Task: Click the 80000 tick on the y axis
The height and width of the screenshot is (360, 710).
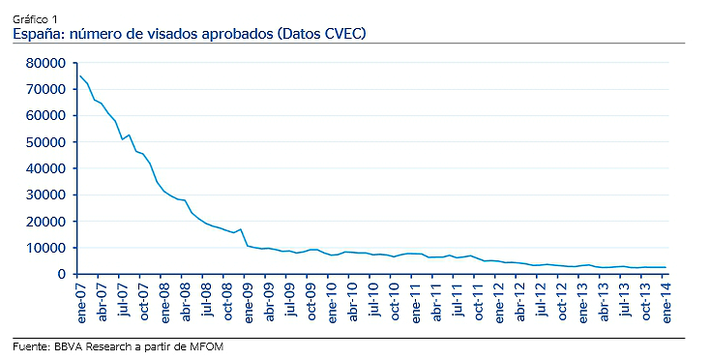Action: [46, 63]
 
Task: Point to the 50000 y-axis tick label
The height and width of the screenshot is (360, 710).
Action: [46, 142]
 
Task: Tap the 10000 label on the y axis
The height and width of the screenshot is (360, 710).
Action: [46, 248]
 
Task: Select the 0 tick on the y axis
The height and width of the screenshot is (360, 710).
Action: [60, 275]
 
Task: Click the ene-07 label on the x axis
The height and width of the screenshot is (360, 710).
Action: [80, 300]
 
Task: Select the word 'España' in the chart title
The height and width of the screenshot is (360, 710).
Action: [38, 34]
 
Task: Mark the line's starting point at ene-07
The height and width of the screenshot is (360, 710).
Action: [80, 75]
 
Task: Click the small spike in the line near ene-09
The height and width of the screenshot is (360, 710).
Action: [241, 229]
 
